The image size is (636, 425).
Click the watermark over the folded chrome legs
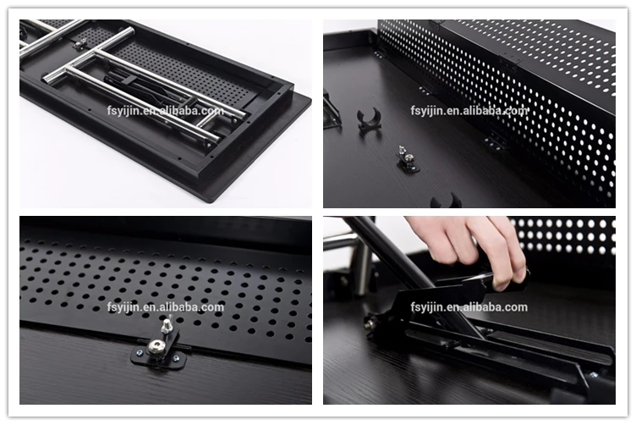(166, 110)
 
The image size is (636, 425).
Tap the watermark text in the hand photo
(469, 306)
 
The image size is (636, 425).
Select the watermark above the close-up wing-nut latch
(166, 306)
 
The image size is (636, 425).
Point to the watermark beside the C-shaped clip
(469, 110)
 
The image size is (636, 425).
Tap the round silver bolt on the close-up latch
(155, 346)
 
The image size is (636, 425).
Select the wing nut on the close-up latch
(167, 325)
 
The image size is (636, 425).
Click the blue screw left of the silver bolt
(140, 353)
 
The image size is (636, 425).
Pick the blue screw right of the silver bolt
(176, 359)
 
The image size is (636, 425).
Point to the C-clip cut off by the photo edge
(446, 201)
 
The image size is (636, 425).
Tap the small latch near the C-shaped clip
(408, 160)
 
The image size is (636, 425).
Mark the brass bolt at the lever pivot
(370, 324)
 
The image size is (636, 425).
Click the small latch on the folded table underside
(79, 43)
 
